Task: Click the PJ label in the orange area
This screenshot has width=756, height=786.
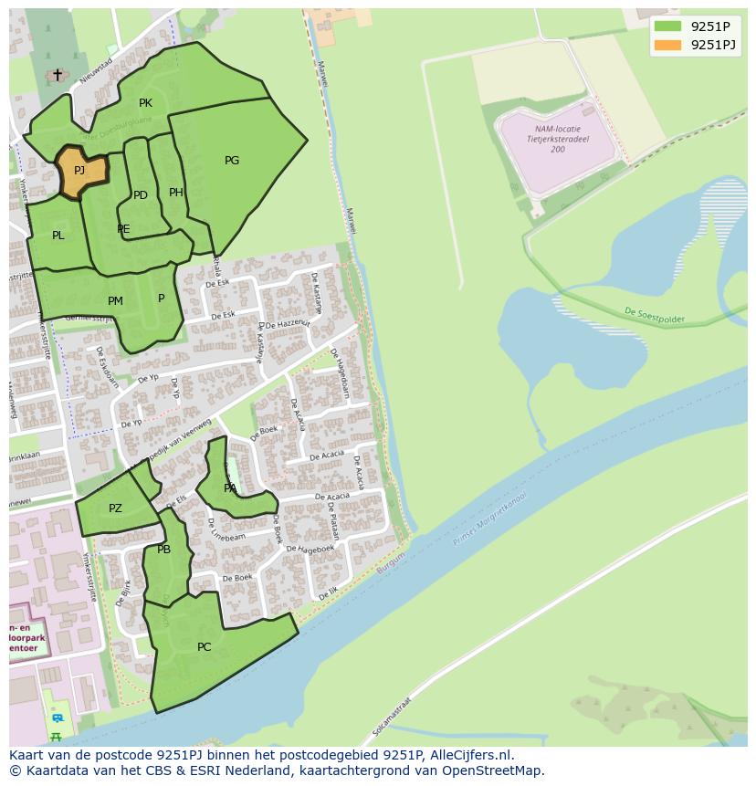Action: [79, 171]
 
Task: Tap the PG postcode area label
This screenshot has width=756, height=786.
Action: [232, 161]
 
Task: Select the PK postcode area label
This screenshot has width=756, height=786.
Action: [145, 103]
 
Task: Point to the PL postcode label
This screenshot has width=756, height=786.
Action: [58, 236]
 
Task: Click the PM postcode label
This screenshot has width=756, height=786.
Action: [115, 301]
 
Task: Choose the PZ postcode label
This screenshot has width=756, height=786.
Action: [115, 508]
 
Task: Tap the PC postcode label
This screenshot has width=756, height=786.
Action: [204, 647]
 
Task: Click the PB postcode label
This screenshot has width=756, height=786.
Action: [164, 550]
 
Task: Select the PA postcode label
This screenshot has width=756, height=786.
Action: [230, 488]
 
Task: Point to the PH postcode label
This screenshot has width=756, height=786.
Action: [176, 193]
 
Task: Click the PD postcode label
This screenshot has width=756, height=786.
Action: [141, 195]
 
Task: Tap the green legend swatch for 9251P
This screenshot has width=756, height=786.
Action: [667, 26]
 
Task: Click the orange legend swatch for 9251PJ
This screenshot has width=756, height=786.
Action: [667, 45]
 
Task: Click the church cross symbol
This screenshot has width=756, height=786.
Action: [58, 74]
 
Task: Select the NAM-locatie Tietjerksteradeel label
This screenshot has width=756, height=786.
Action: [557, 139]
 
